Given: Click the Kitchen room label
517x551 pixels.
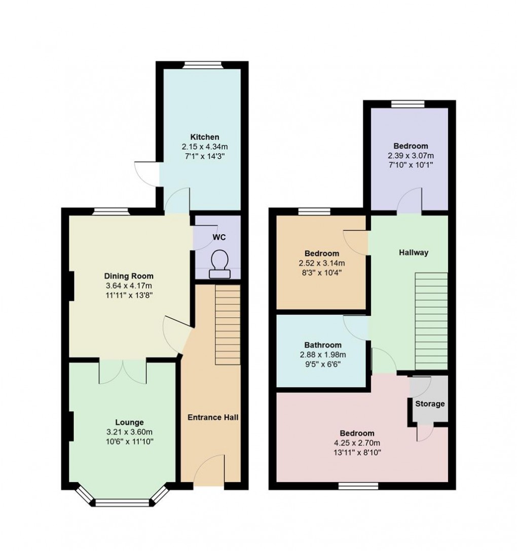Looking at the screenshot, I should pyautogui.click(x=204, y=137).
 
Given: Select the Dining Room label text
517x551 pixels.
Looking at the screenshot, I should pyautogui.click(x=128, y=276).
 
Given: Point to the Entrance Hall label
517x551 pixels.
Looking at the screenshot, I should pyautogui.click(x=213, y=417).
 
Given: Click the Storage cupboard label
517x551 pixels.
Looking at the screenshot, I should pyautogui.click(x=430, y=404).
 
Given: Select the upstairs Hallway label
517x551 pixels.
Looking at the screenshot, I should pyautogui.click(x=414, y=252).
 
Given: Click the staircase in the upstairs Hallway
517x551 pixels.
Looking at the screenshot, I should pyautogui.click(x=432, y=321).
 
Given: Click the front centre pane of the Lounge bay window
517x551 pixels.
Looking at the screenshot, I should pyautogui.click(x=122, y=503).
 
